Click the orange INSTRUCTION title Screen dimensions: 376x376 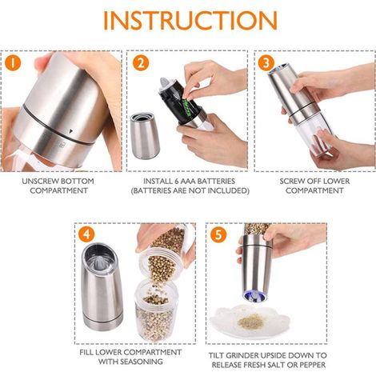pos(190,20)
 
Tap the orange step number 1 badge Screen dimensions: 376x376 pos(13,63)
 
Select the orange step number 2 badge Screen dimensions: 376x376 pos(141,63)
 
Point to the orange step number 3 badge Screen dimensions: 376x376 pos(266,63)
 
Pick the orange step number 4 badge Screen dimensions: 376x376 pos(86,234)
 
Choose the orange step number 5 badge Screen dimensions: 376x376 pos(218,234)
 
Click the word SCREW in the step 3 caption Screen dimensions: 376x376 pos(291,182)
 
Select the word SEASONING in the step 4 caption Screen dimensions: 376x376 pos(142,362)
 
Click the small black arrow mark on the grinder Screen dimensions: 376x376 pos(70,131)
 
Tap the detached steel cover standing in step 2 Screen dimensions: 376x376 pos(145,136)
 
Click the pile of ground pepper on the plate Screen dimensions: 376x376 pos(250,322)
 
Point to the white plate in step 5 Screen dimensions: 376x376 pos(250,322)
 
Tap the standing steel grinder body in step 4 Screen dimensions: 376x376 pos(102,287)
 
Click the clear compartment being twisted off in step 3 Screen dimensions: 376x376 pos(315,134)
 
